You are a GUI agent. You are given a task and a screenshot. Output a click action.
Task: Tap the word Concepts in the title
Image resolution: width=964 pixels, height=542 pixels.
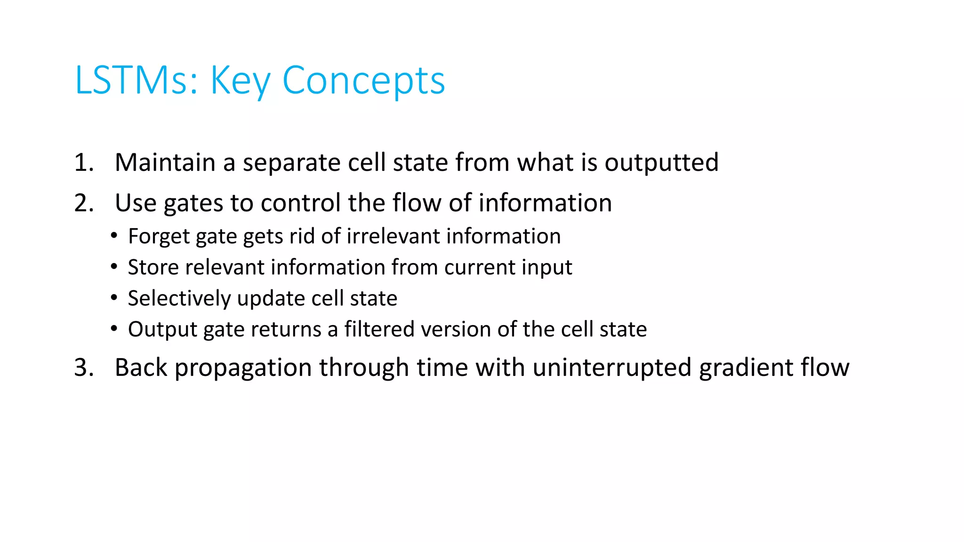pos(363,80)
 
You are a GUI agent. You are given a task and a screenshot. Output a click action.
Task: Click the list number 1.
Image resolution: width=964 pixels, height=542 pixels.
pos(83,163)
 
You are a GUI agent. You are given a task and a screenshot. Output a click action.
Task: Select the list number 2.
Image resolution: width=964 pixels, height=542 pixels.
pos(83,203)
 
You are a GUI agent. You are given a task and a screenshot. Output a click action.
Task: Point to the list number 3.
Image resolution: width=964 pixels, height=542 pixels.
pos(83,367)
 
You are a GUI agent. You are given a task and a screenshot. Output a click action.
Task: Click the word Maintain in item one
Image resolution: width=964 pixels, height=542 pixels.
pos(165,163)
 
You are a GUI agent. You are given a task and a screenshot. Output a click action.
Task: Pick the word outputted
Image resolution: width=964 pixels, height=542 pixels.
pos(661,163)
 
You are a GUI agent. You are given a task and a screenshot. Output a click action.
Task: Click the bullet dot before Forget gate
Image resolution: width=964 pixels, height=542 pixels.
pos(114,236)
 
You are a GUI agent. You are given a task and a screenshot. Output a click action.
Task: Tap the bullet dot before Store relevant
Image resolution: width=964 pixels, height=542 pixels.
pos(114,267)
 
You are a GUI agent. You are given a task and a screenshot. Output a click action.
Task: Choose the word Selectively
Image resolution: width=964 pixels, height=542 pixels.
pos(179,299)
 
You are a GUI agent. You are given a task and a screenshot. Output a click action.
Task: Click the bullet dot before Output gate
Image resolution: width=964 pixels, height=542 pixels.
pos(114,329)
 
